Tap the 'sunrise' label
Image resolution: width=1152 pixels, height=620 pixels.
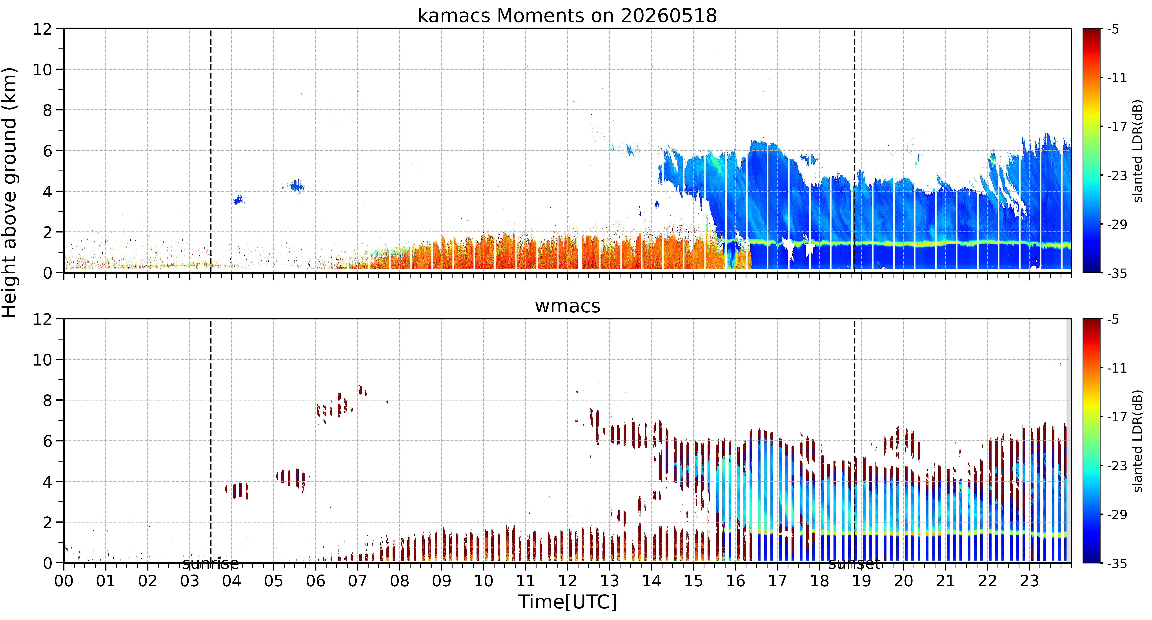210,564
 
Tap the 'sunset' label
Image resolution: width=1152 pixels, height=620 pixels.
855,564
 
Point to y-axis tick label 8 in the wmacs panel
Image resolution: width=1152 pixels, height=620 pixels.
47,400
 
